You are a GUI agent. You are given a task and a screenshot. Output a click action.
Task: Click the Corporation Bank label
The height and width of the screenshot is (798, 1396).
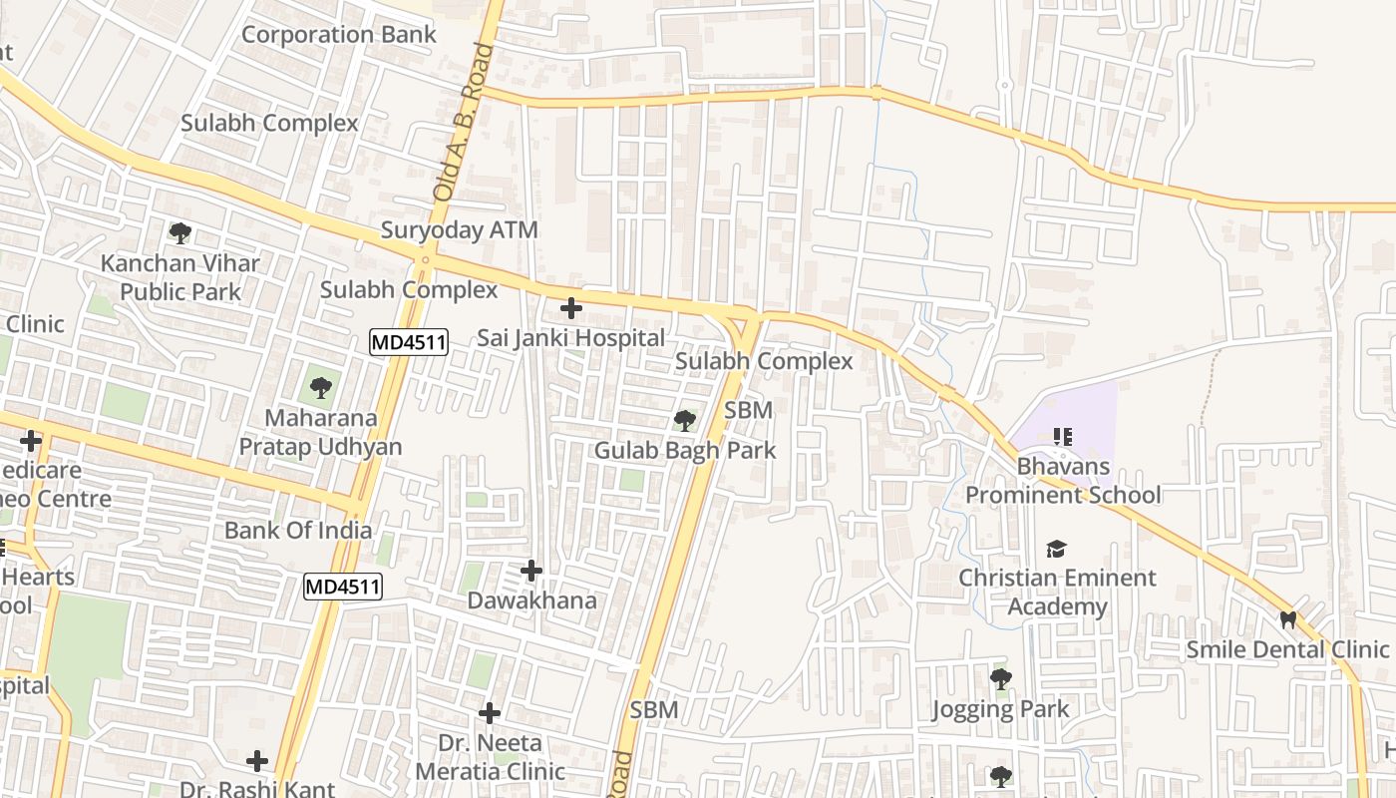point(339,34)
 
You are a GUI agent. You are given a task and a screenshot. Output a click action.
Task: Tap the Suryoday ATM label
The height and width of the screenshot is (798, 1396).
point(459,230)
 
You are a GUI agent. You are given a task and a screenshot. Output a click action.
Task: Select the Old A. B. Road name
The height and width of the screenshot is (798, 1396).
point(459,124)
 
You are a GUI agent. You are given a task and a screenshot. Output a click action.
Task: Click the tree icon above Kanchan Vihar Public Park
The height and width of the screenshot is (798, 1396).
point(180,234)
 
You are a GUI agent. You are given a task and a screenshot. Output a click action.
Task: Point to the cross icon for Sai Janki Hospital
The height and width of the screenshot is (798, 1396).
point(571,308)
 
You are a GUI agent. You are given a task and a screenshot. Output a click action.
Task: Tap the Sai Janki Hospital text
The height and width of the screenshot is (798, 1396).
point(570,338)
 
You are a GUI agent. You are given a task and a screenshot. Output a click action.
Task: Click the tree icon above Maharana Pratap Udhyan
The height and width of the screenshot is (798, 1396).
point(320,388)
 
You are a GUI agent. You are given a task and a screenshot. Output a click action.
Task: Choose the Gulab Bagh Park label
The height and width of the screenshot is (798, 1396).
point(685,451)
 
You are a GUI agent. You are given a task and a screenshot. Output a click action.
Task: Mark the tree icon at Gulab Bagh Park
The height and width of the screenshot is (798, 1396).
point(684,421)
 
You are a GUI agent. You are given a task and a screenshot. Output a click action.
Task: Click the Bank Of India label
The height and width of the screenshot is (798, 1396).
point(298,531)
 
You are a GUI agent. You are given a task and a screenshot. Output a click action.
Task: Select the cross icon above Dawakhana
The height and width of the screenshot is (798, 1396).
point(531,571)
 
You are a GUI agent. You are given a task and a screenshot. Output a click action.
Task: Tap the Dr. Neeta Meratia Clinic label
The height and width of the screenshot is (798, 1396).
point(490,757)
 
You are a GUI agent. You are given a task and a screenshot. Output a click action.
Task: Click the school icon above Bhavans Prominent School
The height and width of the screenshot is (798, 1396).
point(1063,437)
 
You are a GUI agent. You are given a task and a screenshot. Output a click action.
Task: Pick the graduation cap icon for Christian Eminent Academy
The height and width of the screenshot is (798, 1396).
point(1057,549)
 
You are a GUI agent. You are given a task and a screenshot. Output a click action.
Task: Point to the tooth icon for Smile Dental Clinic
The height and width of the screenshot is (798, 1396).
point(1287,620)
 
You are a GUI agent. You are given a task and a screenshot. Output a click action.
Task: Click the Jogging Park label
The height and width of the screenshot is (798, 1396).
point(1000,709)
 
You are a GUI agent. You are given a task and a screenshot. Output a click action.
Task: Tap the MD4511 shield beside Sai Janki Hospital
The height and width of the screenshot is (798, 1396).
point(409,343)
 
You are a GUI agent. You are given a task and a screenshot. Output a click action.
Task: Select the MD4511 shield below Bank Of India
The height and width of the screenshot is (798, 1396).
point(343,587)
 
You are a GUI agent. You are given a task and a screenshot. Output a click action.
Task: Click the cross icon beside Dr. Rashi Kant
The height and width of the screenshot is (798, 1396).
point(257,762)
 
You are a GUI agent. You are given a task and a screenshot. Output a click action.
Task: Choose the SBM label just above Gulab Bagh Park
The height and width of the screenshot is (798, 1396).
point(748,410)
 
